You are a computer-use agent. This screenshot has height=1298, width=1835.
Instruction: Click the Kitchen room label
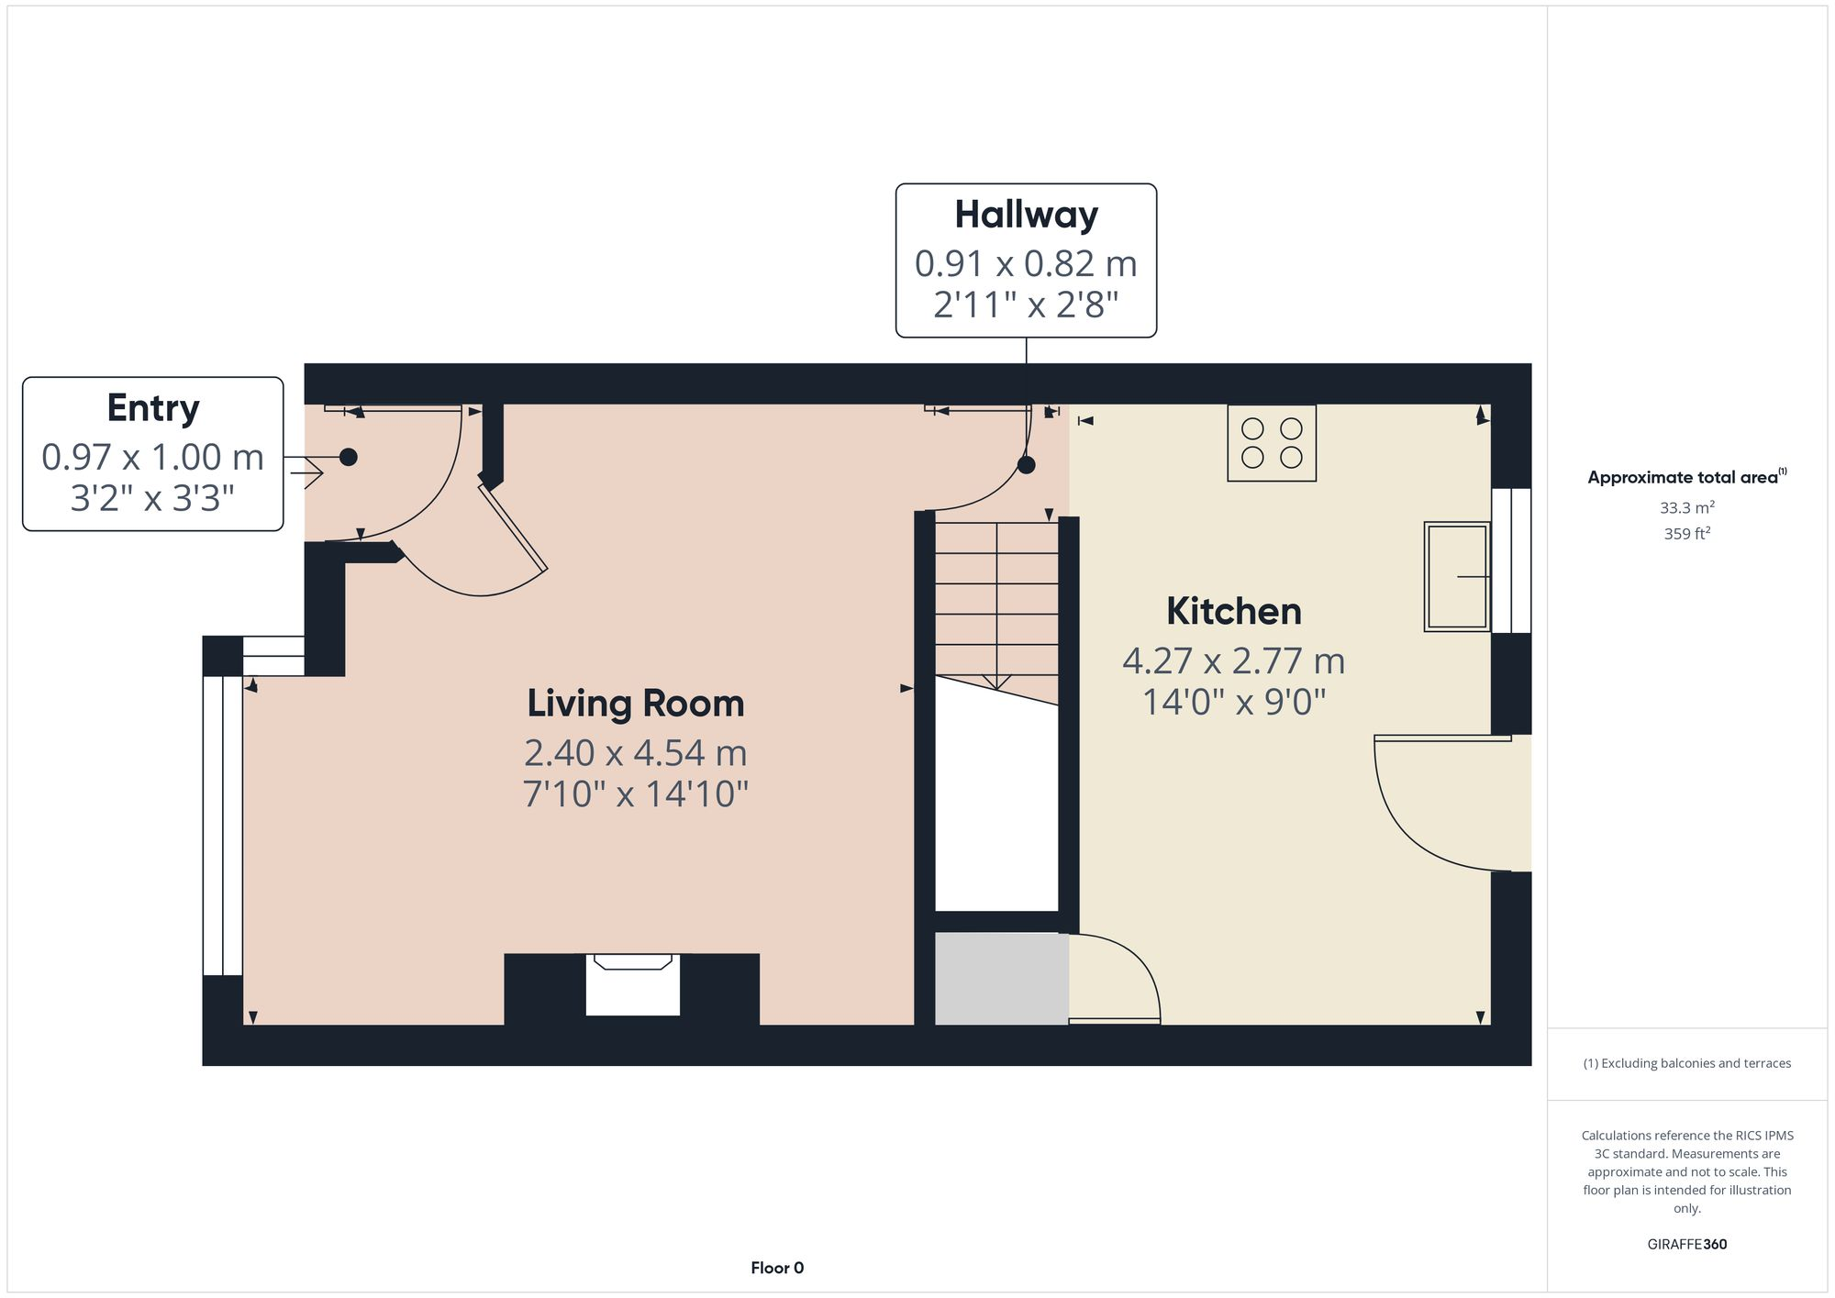tap(1233, 612)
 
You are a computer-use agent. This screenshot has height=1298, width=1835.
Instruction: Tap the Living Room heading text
tap(635, 704)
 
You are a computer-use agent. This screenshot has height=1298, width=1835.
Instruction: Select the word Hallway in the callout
tap(1026, 215)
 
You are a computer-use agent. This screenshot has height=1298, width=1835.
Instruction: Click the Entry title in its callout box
tap(152, 408)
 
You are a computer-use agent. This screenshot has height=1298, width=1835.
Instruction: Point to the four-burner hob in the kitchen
tap(1272, 443)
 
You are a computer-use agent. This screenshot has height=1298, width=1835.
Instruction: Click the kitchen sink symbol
tap(1455, 576)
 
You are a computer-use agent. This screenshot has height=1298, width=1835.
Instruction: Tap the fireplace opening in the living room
tap(632, 987)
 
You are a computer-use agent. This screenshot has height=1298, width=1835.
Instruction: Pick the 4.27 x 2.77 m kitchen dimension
tap(1233, 660)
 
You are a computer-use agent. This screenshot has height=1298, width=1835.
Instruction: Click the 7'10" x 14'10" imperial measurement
tap(635, 793)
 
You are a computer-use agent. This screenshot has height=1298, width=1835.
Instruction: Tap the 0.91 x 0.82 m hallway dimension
tap(1026, 264)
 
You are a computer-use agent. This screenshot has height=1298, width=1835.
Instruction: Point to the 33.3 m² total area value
tap(1686, 507)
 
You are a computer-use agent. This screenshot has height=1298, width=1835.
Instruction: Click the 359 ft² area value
tap(1686, 533)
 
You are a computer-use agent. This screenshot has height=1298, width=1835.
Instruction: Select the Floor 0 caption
tap(776, 1268)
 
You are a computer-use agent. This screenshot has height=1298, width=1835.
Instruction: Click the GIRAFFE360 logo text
tap(1686, 1244)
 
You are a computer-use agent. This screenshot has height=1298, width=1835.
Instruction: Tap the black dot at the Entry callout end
tap(349, 457)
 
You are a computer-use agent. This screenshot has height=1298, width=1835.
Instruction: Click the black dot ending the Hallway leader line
tap(1027, 465)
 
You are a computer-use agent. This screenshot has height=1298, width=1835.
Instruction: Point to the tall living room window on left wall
tap(222, 826)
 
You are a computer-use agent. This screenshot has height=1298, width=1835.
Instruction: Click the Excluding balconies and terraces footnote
tap(1686, 1063)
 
